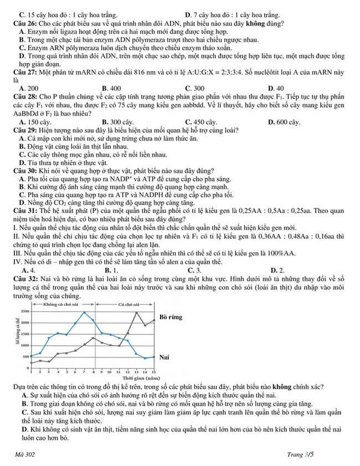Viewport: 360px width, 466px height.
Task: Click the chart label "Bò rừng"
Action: [x=171, y=317]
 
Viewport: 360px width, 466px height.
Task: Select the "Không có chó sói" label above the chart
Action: [x=61, y=305]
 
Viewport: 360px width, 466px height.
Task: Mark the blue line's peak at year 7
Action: [x=84, y=313]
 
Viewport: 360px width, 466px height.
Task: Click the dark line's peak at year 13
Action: [x=137, y=313]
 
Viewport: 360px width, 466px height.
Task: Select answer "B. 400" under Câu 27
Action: [x=111, y=88]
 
